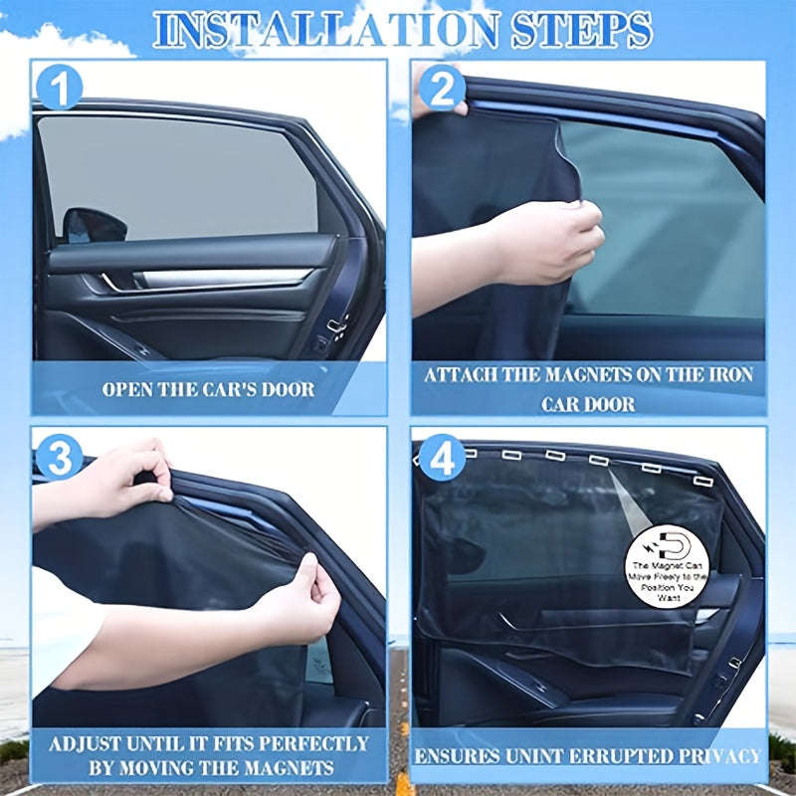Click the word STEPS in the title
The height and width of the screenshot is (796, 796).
(583, 30)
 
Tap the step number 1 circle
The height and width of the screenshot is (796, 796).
(59, 89)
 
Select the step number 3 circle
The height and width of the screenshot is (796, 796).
(59, 459)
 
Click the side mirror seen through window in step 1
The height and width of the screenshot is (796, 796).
(95, 223)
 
